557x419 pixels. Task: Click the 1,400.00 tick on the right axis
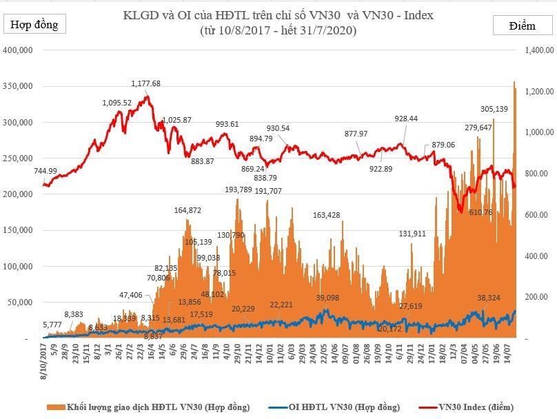[x=538, y=50]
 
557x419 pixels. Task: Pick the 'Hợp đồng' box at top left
[x=33, y=25]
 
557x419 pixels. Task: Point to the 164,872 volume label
[x=188, y=210]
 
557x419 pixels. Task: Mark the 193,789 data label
[x=239, y=190]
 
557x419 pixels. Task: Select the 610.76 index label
[x=484, y=212]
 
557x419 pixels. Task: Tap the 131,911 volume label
[x=412, y=234]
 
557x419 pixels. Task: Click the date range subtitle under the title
[x=278, y=31]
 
